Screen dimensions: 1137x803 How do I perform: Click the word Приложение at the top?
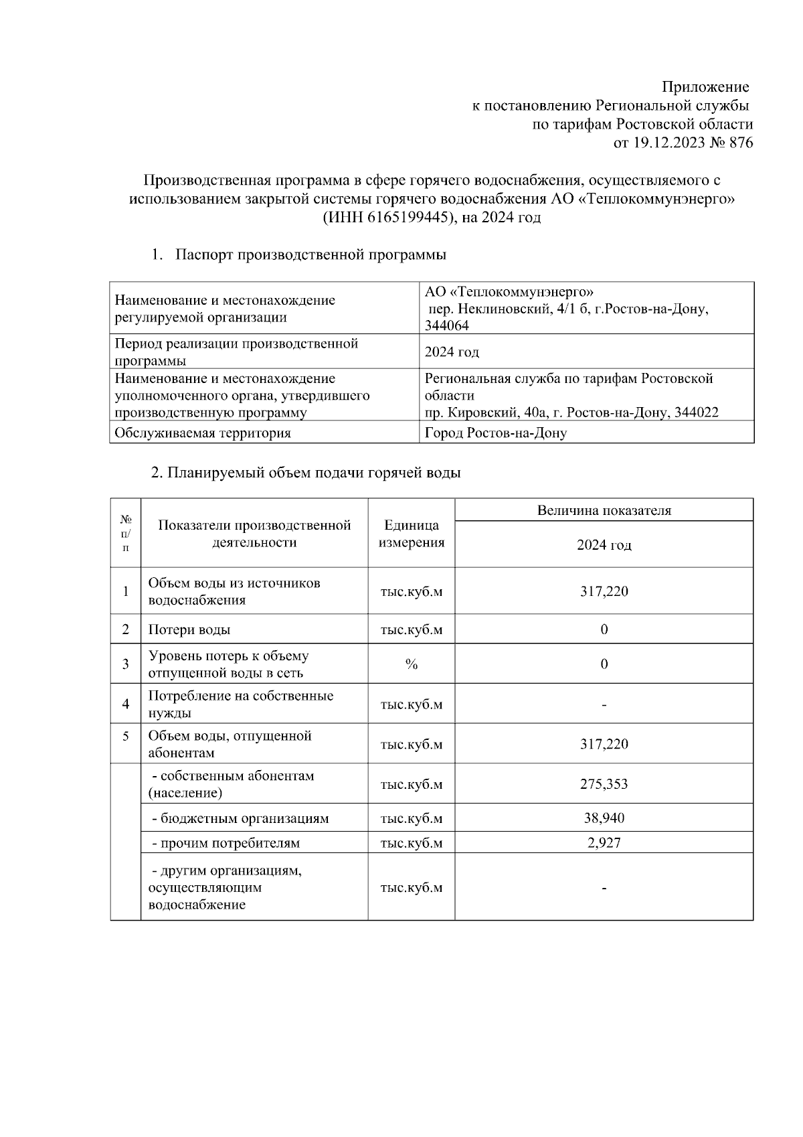[705, 87]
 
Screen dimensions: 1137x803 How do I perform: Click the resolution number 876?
[739, 143]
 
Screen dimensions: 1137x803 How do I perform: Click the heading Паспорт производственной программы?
[310, 255]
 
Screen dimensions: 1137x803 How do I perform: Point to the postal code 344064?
[447, 326]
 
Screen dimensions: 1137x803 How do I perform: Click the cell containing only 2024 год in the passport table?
[452, 352]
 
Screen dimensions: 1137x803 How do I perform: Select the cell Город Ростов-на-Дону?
[496, 433]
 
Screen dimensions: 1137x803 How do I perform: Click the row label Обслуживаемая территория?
[203, 433]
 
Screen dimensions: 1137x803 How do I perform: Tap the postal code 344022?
[697, 412]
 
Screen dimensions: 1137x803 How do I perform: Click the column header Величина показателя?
[604, 510]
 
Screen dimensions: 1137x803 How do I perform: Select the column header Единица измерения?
[412, 534]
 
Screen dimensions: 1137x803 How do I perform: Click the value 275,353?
[604, 784]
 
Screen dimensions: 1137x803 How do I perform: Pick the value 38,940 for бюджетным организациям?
[604, 818]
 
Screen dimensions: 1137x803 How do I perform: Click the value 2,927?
[604, 843]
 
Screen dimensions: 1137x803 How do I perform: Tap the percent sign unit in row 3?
[411, 664]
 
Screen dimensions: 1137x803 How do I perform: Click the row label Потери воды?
[189, 630]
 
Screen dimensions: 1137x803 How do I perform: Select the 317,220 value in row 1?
[604, 591]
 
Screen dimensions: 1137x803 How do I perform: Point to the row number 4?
[126, 704]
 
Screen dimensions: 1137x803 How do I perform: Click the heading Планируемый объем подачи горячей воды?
[306, 473]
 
